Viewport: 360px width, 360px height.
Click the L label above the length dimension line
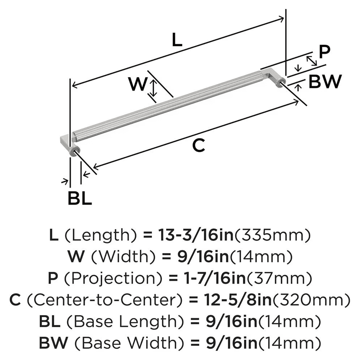tap(176, 40)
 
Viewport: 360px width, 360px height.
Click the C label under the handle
tap(198, 145)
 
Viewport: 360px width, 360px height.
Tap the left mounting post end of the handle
tap(74, 152)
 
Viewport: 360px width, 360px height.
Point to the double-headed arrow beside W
tap(153, 88)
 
